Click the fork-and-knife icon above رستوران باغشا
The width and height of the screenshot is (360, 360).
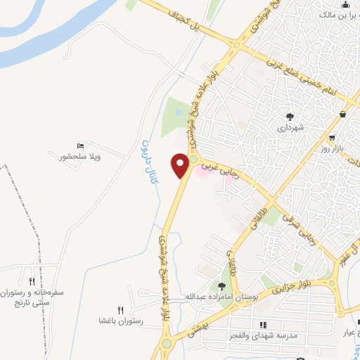[120, 309]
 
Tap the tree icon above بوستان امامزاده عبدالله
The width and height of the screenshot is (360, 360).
[222, 285]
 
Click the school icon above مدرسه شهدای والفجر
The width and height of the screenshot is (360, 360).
[262, 324]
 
